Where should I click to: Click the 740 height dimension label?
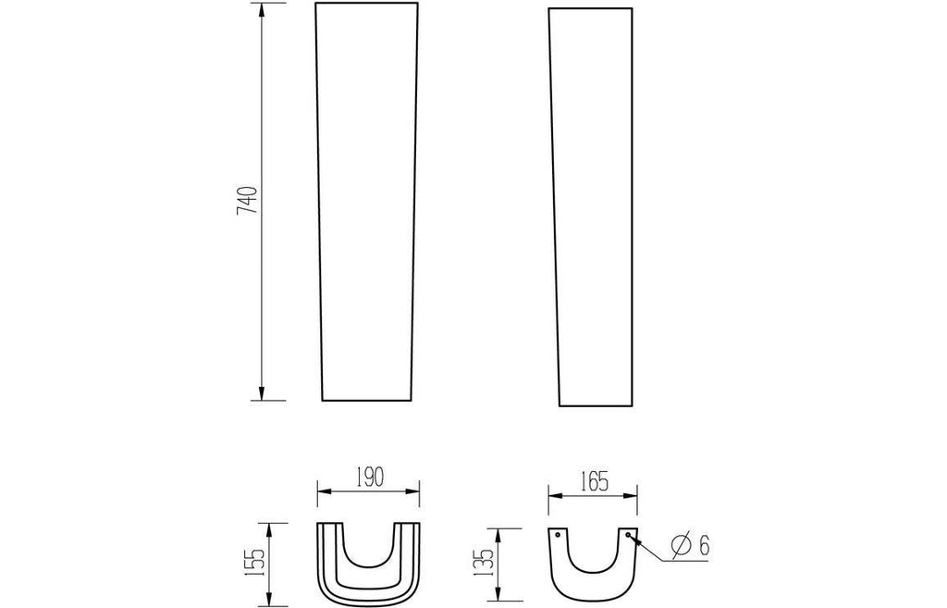pyautogui.click(x=247, y=201)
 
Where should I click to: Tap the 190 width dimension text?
pyautogui.click(x=370, y=478)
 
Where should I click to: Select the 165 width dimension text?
pyautogui.click(x=595, y=482)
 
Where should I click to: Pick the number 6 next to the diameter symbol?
pyautogui.click(x=703, y=546)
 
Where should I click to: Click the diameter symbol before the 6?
pyautogui.click(x=681, y=546)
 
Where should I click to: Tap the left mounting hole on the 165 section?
pyautogui.click(x=557, y=535)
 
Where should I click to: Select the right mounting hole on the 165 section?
pyautogui.click(x=629, y=535)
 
